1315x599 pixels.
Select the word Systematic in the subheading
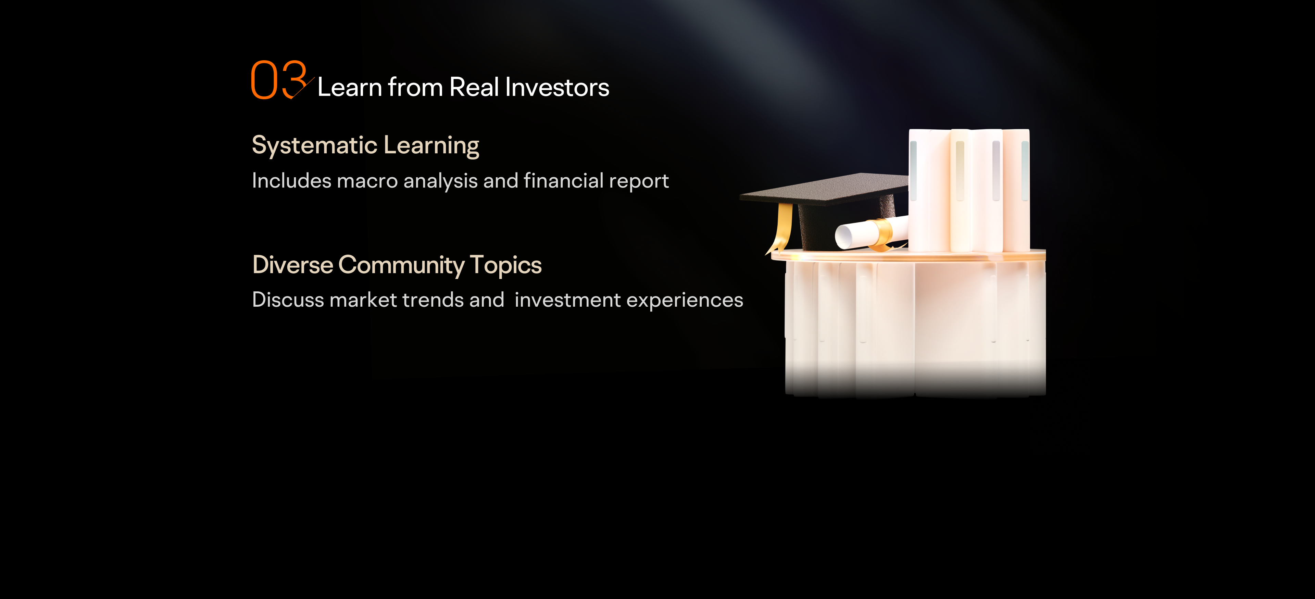coord(314,146)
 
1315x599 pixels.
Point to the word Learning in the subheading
coord(431,146)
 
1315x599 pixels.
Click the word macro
coord(367,181)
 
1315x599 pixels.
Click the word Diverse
coord(292,265)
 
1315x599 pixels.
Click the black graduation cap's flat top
coord(824,188)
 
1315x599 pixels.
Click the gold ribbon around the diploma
coord(881,234)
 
